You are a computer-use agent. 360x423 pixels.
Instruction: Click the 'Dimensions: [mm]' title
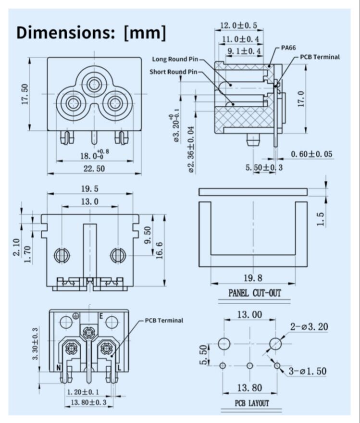(x=91, y=32)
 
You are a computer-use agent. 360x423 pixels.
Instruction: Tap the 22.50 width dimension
(x=94, y=168)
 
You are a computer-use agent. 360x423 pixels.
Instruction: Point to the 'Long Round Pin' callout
(x=175, y=59)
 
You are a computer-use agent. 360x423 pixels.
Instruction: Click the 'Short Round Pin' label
(x=173, y=72)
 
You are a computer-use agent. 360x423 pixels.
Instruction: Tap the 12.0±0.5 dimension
(x=238, y=25)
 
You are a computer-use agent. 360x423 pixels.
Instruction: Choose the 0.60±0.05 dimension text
(x=312, y=154)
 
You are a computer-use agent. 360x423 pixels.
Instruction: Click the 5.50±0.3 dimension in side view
(x=264, y=167)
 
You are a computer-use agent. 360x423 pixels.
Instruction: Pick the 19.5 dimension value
(x=90, y=189)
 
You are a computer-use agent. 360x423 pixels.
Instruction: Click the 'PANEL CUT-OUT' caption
(x=254, y=292)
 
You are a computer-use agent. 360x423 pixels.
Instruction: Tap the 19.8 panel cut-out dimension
(x=253, y=278)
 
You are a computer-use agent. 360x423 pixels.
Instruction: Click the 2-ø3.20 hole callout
(x=309, y=327)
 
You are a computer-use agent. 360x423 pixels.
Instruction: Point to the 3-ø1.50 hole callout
(x=308, y=371)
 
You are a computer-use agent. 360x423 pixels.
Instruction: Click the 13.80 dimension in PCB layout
(x=249, y=387)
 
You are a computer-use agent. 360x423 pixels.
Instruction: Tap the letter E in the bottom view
(x=101, y=316)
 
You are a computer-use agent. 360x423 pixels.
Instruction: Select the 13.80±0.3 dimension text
(x=88, y=402)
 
